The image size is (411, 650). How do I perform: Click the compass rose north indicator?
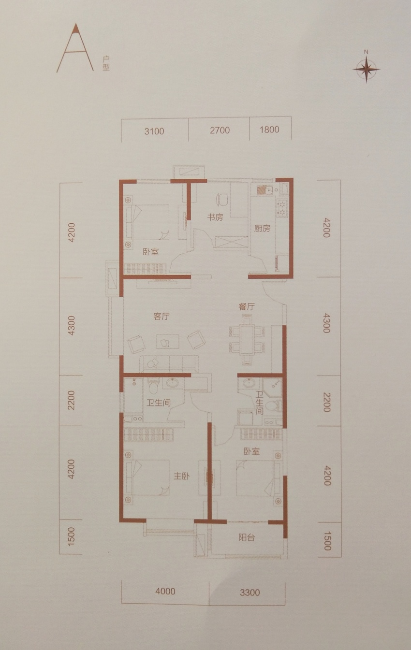(367, 68)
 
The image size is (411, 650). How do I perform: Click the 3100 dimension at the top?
(154, 131)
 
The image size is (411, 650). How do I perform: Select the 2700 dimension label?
(220, 130)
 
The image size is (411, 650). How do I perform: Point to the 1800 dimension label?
(269, 130)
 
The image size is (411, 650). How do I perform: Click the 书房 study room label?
(215, 217)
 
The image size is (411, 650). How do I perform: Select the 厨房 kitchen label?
(262, 229)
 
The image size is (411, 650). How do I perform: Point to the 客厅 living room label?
(161, 316)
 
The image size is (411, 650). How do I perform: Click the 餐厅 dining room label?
(247, 307)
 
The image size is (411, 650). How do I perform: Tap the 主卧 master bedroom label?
(181, 476)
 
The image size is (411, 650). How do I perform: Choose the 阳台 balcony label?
(247, 537)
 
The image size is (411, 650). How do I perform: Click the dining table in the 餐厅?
(247, 340)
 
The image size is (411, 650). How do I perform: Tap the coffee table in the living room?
(167, 341)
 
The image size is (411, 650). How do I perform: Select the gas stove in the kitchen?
(281, 208)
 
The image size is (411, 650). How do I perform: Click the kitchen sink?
(264, 190)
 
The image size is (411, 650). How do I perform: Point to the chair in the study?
(222, 199)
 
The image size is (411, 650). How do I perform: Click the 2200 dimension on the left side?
(71, 400)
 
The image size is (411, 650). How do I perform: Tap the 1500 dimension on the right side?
(327, 541)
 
